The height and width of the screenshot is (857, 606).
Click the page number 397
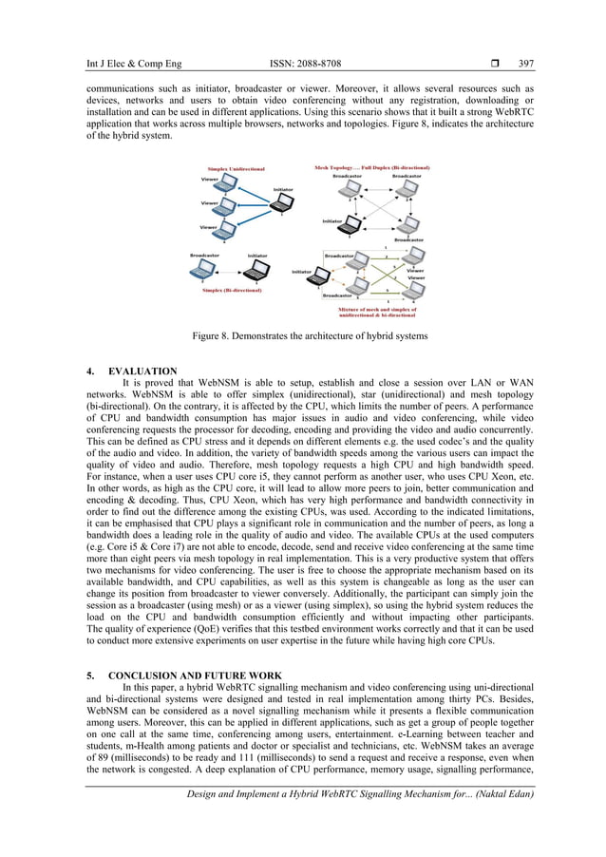click(525, 64)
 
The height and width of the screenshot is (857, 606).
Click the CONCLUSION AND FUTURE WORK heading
click(198, 675)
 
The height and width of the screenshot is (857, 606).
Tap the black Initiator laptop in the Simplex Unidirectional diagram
click(282, 202)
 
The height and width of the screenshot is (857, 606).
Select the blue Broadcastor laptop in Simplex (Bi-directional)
click(202, 270)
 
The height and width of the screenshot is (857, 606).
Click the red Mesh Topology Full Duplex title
click(368, 168)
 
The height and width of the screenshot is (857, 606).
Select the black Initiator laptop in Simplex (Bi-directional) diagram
click(256, 270)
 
